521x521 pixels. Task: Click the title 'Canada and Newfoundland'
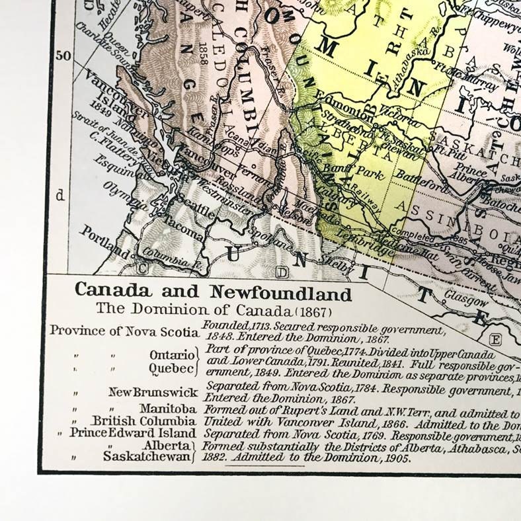point(213,291)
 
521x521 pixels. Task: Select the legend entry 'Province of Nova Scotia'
point(124,331)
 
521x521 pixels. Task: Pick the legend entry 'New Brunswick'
point(153,392)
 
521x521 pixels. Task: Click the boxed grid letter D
point(283,273)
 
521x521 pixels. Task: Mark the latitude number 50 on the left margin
point(63,56)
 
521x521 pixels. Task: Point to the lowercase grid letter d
point(60,195)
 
